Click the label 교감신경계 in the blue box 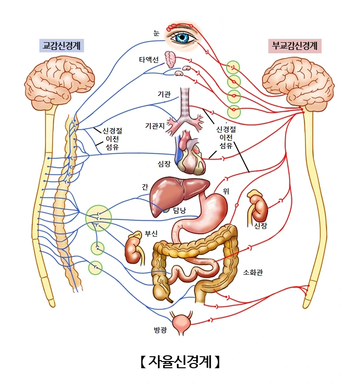pos(61,46)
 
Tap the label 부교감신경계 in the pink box pos(295,46)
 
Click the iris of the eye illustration pos(182,37)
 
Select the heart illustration pos(191,155)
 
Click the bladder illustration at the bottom pos(183,325)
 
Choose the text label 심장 pos(164,164)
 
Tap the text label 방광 pos(160,330)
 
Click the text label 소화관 pos(253,272)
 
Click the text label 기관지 pos(155,126)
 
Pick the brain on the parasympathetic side pos(298,81)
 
